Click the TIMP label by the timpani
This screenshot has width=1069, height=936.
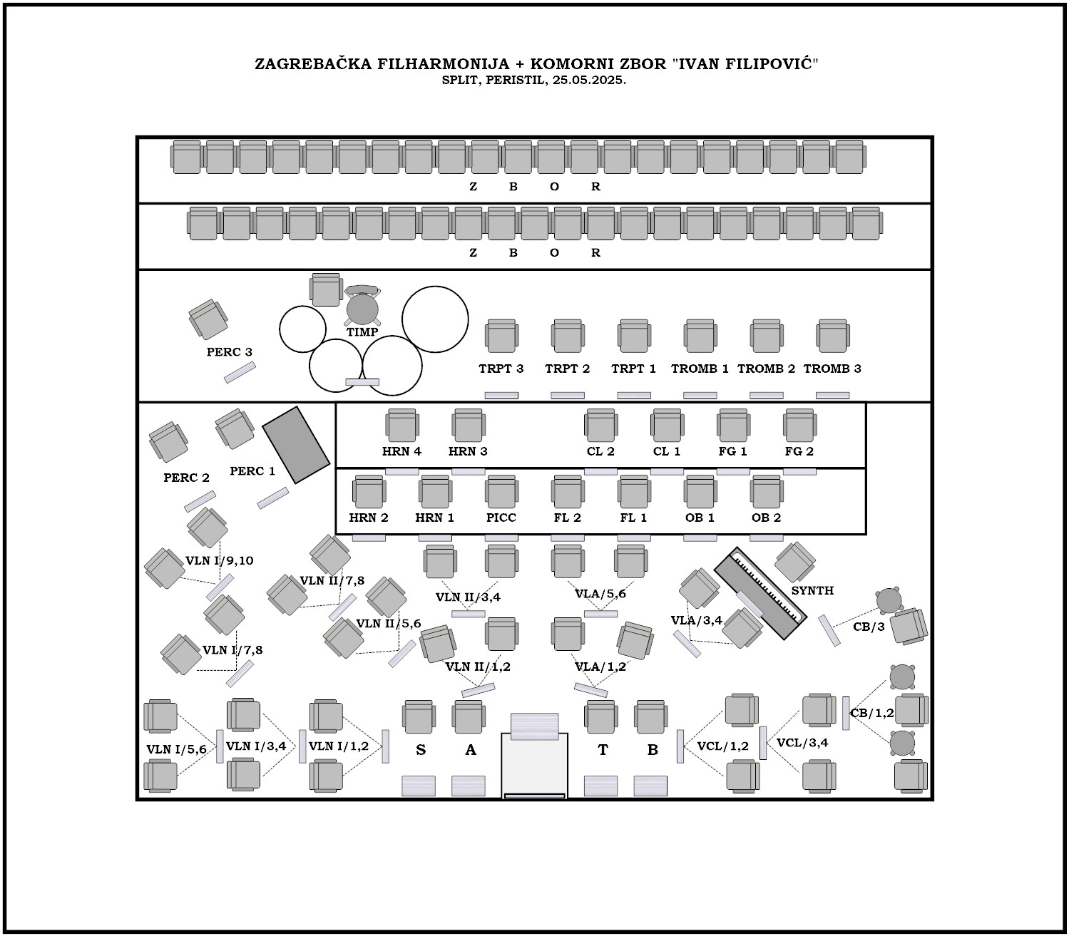tap(362, 332)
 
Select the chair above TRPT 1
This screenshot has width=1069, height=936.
tap(634, 336)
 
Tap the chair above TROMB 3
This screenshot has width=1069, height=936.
tap(832, 336)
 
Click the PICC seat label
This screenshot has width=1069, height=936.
tap(501, 518)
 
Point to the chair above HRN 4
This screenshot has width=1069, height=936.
tap(401, 425)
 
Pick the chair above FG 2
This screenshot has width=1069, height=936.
tap(799, 425)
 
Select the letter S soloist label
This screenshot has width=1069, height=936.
tap(421, 750)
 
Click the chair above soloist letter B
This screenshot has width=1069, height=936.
tap(650, 716)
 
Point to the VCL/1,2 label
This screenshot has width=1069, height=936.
tap(722, 746)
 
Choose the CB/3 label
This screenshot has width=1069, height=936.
tap(869, 627)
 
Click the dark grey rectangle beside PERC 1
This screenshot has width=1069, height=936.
tap(296, 445)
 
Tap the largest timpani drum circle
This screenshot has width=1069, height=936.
tap(435, 319)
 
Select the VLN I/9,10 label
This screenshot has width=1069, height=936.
tap(220, 560)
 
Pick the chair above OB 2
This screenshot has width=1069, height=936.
tap(767, 491)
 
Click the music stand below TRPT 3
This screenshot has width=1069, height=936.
tap(501, 396)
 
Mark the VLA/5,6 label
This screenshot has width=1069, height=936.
tap(600, 594)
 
